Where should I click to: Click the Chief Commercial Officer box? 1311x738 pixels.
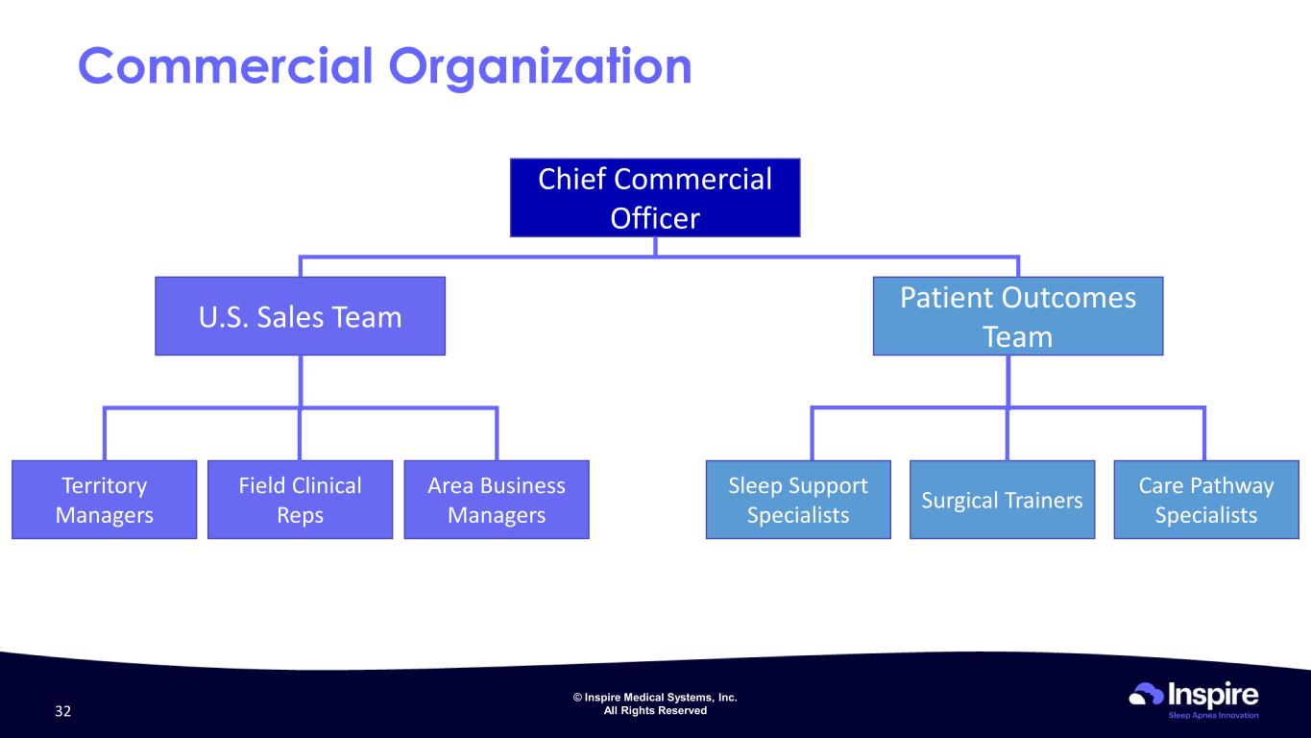pyautogui.click(x=655, y=197)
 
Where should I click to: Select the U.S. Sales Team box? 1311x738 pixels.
pyautogui.click(x=301, y=316)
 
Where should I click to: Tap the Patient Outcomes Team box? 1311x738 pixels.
pyautogui.click(x=1018, y=316)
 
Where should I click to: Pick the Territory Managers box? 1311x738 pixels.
pyautogui.click(x=104, y=500)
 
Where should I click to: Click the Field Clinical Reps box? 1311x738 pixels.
pyautogui.click(x=301, y=500)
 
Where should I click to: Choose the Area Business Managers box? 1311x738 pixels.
pyautogui.click(x=497, y=500)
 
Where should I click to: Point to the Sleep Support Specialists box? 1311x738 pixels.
pyautogui.click(x=798, y=500)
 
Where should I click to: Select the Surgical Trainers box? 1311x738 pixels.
pyautogui.click(x=1002, y=500)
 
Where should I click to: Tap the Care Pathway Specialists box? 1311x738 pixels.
pyautogui.click(x=1206, y=500)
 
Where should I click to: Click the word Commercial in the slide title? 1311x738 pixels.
pyautogui.click(x=226, y=65)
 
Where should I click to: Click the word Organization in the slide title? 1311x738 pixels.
pyautogui.click(x=540, y=68)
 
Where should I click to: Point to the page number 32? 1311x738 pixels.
pyautogui.click(x=62, y=711)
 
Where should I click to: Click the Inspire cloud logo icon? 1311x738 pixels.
pyautogui.click(x=1146, y=694)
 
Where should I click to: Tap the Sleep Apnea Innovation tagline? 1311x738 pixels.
pyautogui.click(x=1213, y=715)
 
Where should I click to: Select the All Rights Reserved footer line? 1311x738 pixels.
pyautogui.click(x=655, y=710)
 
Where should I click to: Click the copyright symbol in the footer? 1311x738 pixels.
pyautogui.click(x=577, y=697)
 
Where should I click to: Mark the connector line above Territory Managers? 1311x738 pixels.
pyautogui.click(x=104, y=433)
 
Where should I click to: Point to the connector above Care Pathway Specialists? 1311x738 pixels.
pyautogui.click(x=1203, y=433)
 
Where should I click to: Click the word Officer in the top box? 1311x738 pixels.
pyautogui.click(x=655, y=218)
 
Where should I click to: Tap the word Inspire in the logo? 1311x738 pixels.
pyautogui.click(x=1213, y=696)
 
